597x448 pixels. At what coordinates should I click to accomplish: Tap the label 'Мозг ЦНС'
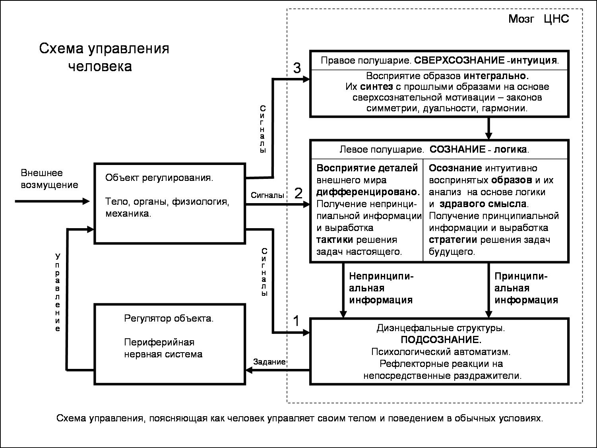click(x=538, y=19)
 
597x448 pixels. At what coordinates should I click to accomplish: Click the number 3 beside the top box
click(x=297, y=68)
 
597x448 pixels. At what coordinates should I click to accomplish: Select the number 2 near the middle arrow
click(x=298, y=194)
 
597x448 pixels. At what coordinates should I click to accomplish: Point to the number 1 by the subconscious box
click(x=296, y=321)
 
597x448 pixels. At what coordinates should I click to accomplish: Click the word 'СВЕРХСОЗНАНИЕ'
click(x=459, y=61)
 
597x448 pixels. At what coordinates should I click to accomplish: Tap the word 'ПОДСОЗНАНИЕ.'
click(x=441, y=340)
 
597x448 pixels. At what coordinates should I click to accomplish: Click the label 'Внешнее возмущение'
click(x=49, y=179)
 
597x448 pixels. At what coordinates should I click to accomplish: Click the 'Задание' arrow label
click(x=269, y=362)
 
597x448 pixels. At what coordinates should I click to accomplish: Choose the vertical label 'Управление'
click(x=58, y=292)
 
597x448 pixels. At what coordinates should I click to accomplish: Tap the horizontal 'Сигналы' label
click(x=267, y=195)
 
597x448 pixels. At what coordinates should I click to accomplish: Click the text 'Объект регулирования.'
click(x=159, y=178)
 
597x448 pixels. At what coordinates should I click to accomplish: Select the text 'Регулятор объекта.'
click(x=169, y=318)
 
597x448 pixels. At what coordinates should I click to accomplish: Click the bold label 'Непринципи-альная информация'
click(x=381, y=288)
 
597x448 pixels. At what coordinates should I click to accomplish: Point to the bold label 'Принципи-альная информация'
click(x=526, y=288)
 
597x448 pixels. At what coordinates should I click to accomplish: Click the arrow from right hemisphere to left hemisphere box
click(x=489, y=128)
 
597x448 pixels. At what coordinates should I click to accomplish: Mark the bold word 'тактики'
click(x=335, y=240)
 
